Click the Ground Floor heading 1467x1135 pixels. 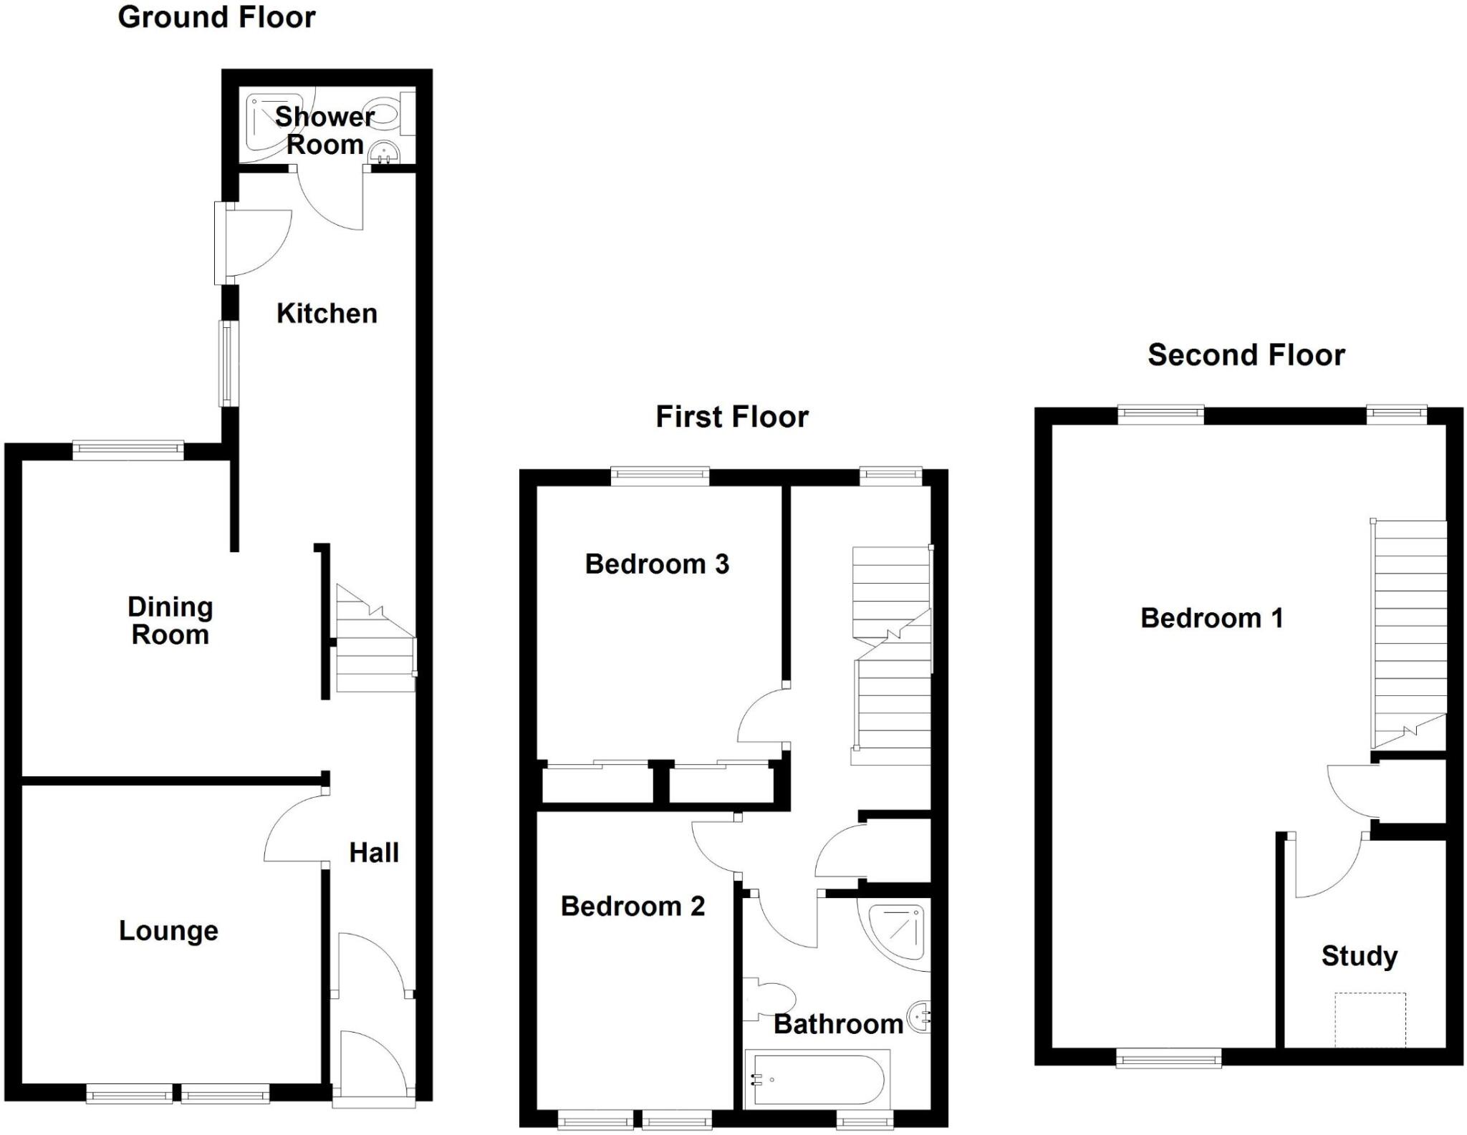coord(216,17)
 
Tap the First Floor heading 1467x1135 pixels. coord(731,417)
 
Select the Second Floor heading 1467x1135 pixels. coord(1246,355)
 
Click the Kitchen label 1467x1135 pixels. coord(327,314)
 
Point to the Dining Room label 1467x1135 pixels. coord(170,621)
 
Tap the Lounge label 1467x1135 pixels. coord(168,931)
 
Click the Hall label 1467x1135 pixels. coord(373,853)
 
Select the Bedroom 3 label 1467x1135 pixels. coord(657,564)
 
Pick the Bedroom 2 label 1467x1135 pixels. coord(633,907)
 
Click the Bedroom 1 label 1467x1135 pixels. coord(1211,618)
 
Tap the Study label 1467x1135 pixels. coord(1359,956)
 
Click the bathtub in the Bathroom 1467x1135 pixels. coord(817,1078)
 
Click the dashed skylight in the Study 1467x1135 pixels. coord(1370,1020)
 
